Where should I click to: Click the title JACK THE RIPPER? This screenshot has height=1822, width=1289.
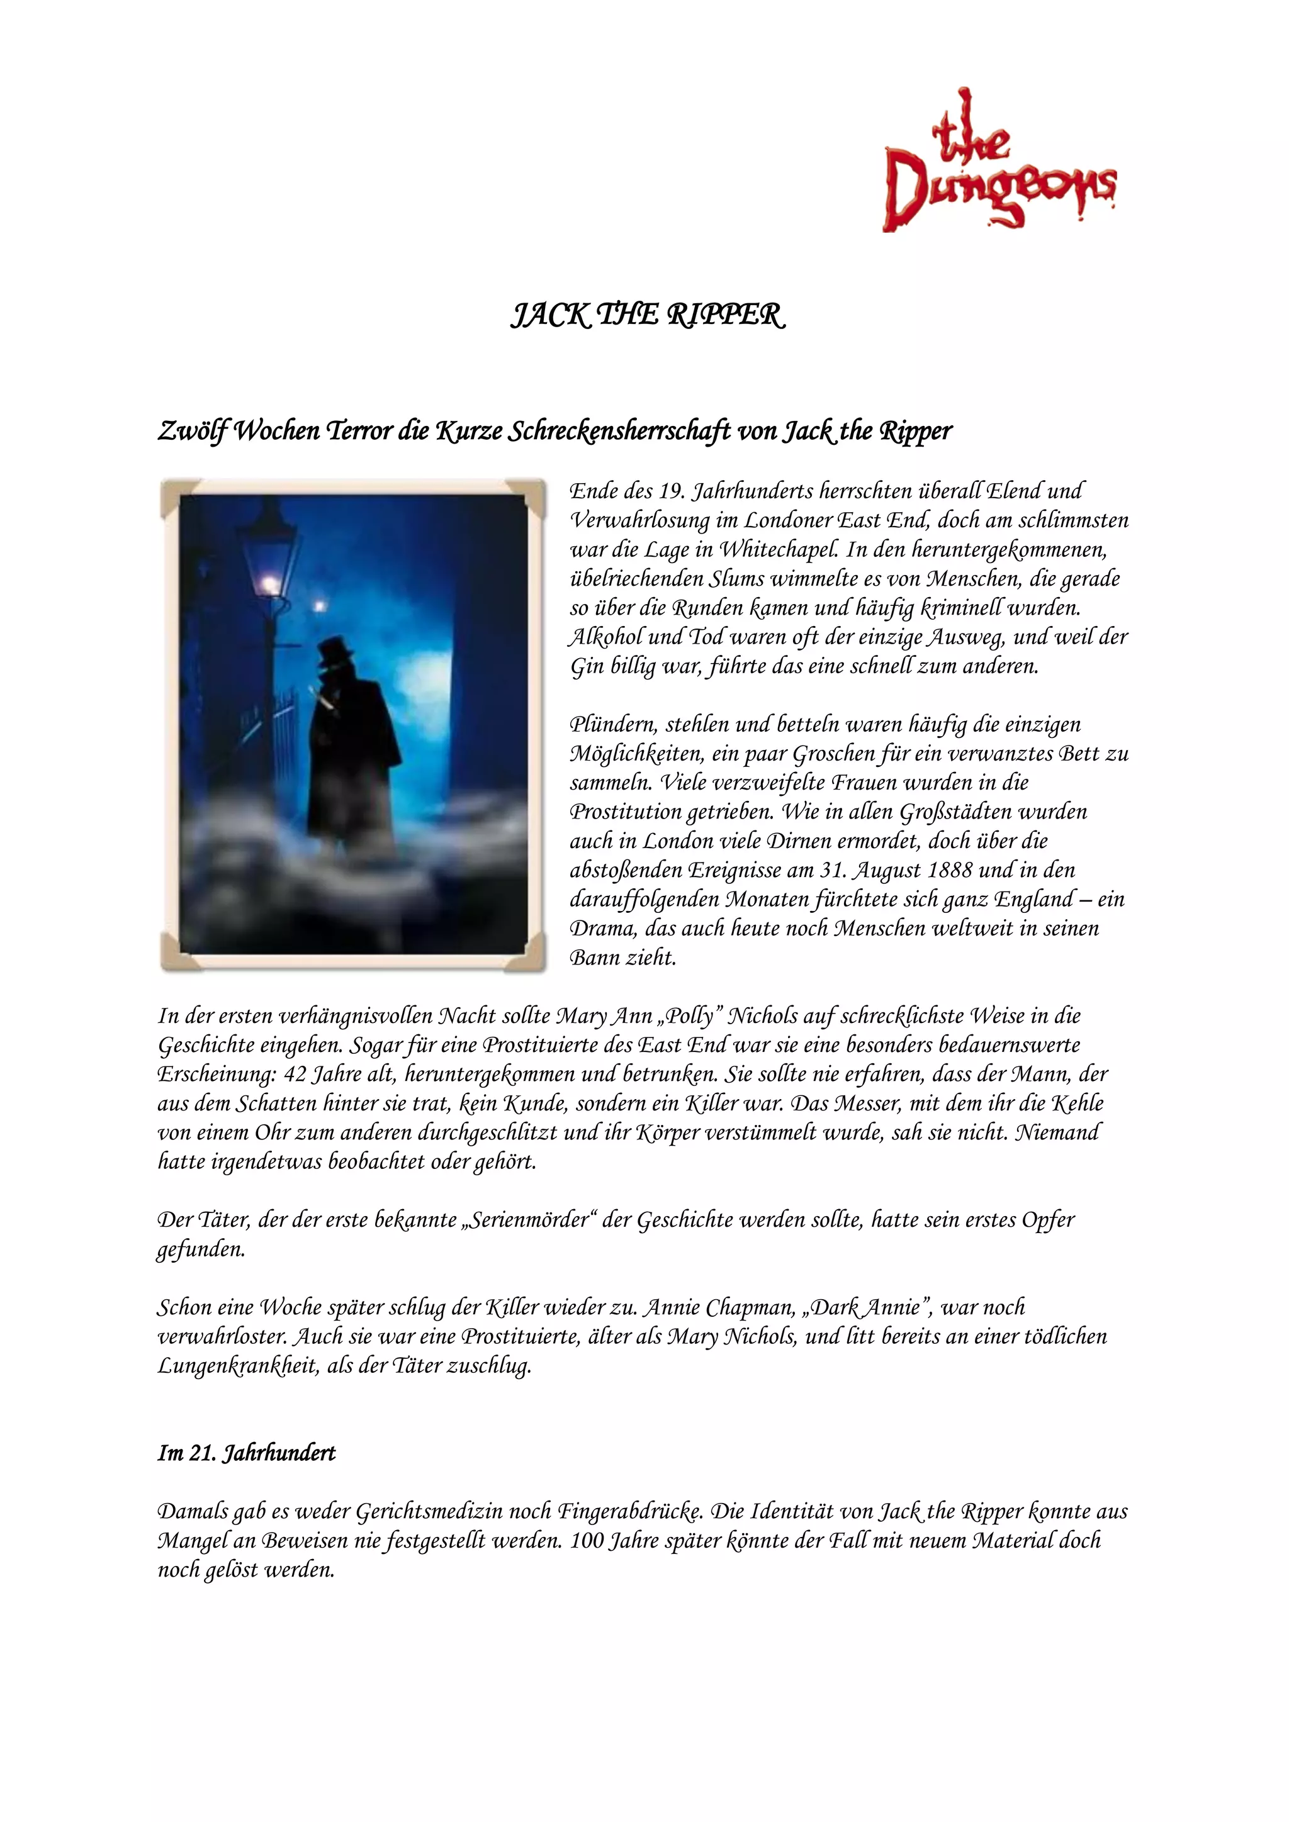pyautogui.click(x=647, y=316)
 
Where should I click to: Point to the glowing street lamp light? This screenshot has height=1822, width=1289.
pyautogui.click(x=270, y=586)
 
